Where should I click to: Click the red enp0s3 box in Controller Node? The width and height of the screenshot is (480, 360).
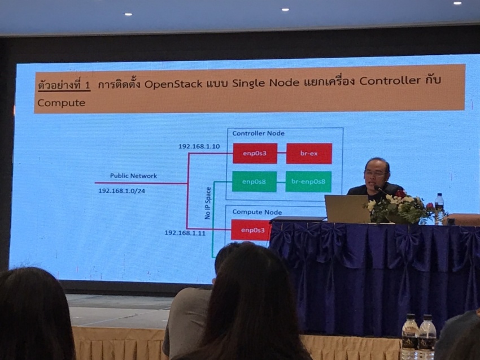(255, 153)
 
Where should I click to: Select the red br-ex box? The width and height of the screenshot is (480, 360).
(309, 153)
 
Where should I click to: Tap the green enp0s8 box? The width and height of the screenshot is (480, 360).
(254, 181)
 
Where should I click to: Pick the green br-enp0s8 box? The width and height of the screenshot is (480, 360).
(308, 181)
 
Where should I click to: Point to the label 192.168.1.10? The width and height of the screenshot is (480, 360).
(199, 146)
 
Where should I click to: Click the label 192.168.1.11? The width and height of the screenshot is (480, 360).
(185, 233)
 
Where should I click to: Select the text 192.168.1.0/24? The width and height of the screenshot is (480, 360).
(121, 191)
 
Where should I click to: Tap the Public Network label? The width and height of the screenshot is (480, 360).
(133, 176)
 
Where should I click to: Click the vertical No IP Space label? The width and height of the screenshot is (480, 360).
(208, 203)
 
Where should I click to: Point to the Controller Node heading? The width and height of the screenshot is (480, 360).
(259, 133)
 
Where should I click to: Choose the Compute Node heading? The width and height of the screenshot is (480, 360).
(257, 212)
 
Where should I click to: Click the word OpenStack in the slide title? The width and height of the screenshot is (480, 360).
(173, 84)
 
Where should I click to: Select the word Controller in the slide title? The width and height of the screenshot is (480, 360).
(390, 81)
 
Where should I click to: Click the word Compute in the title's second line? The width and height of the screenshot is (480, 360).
(61, 103)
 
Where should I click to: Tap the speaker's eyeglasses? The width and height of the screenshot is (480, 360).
(376, 174)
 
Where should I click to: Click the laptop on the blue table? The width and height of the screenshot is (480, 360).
(347, 209)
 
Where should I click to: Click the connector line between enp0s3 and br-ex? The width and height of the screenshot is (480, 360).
(282, 153)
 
